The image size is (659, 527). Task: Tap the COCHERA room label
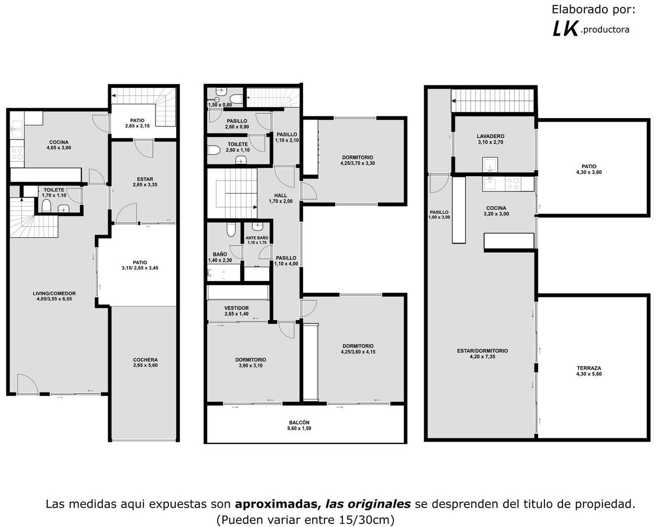coord(145,360)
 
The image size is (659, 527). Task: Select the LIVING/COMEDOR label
coord(54,293)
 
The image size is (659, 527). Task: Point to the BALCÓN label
coord(299,423)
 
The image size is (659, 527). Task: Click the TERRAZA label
coord(589,368)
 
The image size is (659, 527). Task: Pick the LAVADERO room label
coord(491,136)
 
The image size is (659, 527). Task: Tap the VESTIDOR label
coord(236,308)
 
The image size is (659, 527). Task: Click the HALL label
coord(281,195)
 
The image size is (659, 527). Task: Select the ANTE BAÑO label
coord(257,238)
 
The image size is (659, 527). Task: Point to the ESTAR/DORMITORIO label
coord(482,351)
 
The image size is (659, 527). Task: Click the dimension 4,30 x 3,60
coord(589,172)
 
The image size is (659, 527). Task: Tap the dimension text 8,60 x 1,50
coord(299,428)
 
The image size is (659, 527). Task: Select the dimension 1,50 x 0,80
coord(220,105)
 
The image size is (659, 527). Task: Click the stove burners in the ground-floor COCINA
coord(17,154)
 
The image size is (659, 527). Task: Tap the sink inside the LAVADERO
coord(490,165)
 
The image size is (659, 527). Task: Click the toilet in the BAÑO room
coord(231,229)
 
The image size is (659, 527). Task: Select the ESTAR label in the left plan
coord(145,179)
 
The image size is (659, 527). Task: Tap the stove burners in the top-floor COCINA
coord(513,183)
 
